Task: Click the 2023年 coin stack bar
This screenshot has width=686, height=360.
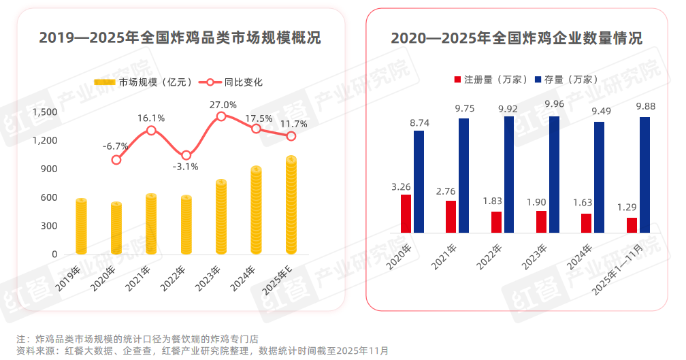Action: coord(221,218)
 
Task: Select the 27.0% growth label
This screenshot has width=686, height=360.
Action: coord(223,105)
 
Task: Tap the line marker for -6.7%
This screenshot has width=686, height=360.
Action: coord(116,160)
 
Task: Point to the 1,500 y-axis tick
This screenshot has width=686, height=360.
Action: coord(46,112)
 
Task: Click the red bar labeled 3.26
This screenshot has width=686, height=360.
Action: coord(406,214)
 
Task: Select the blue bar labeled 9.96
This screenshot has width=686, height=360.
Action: coord(554,174)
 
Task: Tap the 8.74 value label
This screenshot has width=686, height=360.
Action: coord(418,122)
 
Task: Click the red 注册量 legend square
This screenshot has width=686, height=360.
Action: coord(458,80)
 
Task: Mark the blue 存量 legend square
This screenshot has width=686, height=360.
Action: coord(539,80)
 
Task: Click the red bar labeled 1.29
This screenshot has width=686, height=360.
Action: coord(632,225)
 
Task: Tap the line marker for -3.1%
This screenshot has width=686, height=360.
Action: coord(186,155)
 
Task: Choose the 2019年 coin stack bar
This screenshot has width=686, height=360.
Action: coord(81,227)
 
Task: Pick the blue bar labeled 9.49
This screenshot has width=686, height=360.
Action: coord(599,177)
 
